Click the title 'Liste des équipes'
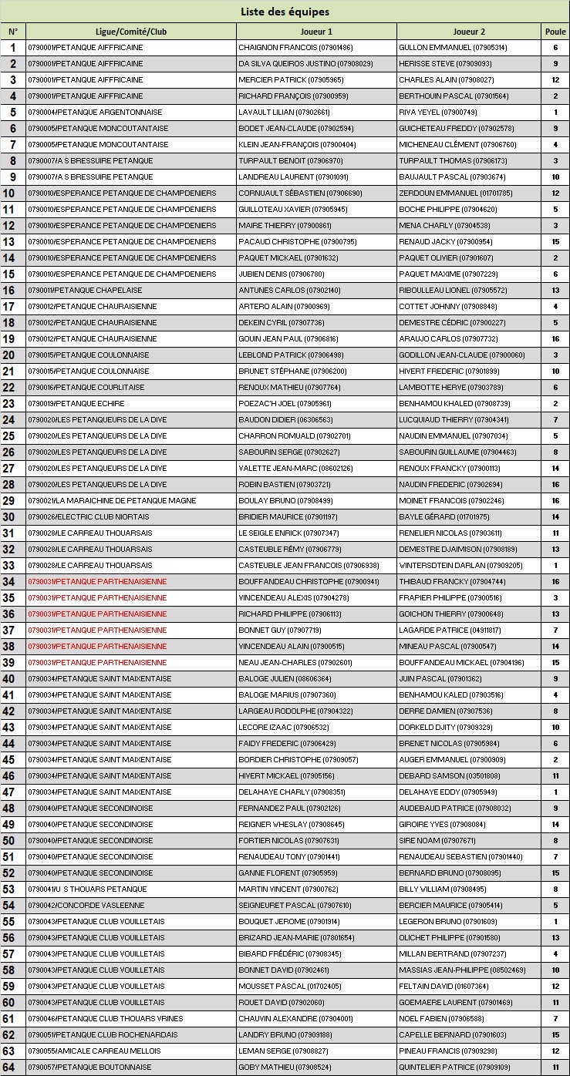[285, 12]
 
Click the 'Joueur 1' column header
[316, 32]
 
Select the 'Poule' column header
[555, 32]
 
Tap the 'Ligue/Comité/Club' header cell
[131, 32]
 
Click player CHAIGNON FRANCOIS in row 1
[295, 48]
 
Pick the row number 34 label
[13, 582]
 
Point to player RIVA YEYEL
[437, 113]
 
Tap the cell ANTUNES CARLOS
[289, 291]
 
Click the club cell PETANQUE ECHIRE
[76, 404]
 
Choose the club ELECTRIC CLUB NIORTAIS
[94, 517]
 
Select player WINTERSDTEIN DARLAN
[460, 566]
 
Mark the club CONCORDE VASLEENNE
[86, 906]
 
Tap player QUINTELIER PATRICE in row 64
[454, 1068]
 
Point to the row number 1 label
[13, 48]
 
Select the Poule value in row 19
[555, 339]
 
